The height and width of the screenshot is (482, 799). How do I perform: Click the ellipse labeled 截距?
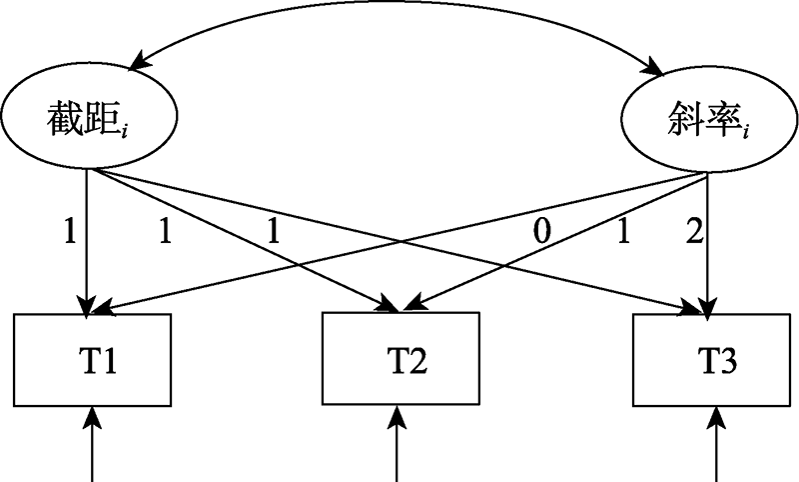[x=88, y=121]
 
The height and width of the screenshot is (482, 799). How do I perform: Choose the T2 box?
[x=400, y=358]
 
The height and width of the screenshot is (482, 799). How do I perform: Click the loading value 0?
[x=540, y=233]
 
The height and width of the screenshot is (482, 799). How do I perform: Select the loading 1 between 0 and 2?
[x=621, y=233]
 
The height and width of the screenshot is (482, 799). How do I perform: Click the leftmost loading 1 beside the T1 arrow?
[x=69, y=233]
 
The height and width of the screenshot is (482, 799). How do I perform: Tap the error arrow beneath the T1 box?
[x=93, y=440]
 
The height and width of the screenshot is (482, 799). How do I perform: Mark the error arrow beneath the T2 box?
[x=400, y=440]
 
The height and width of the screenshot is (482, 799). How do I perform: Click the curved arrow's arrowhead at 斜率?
[x=654, y=70]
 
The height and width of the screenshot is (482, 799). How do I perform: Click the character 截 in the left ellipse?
[x=64, y=121]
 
